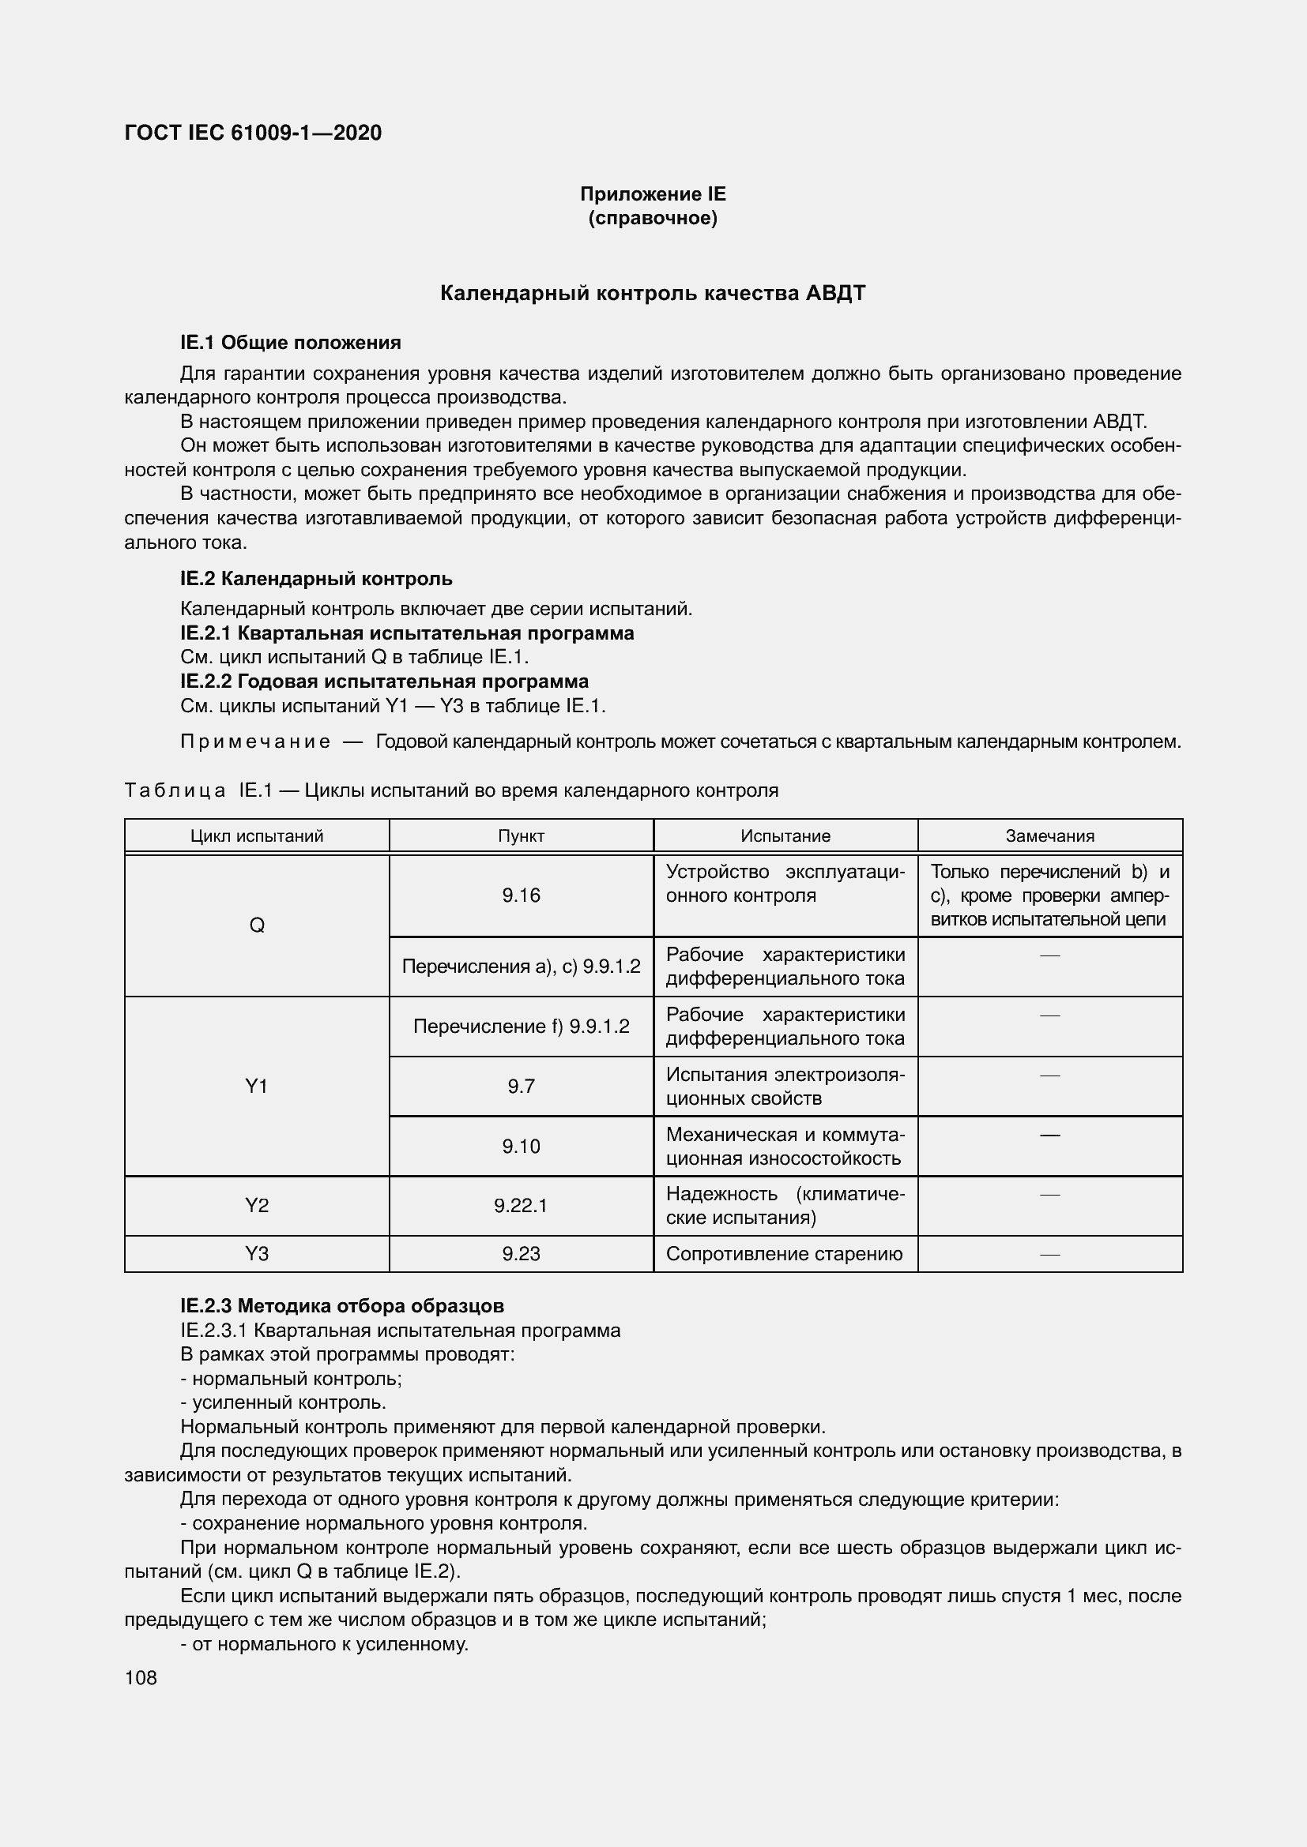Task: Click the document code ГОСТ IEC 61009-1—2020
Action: [253, 133]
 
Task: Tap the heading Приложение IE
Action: [653, 194]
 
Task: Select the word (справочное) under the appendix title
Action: [653, 218]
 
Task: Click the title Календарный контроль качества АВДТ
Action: [653, 293]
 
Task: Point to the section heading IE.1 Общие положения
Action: [291, 343]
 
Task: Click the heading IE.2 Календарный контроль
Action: [316, 578]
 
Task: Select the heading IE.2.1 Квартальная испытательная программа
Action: [407, 633]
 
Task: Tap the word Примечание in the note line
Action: [255, 741]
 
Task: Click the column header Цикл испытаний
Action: [257, 835]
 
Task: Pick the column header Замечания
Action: [1049, 835]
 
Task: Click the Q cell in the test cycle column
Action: [257, 925]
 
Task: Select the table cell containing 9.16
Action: [521, 895]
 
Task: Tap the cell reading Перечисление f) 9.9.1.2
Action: [521, 1027]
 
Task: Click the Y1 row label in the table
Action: [257, 1086]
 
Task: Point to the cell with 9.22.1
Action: [521, 1205]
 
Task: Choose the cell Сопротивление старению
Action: [785, 1253]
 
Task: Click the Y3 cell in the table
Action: [257, 1253]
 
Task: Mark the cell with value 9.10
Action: [521, 1146]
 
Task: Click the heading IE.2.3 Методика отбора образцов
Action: [342, 1305]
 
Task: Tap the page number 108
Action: [141, 1677]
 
